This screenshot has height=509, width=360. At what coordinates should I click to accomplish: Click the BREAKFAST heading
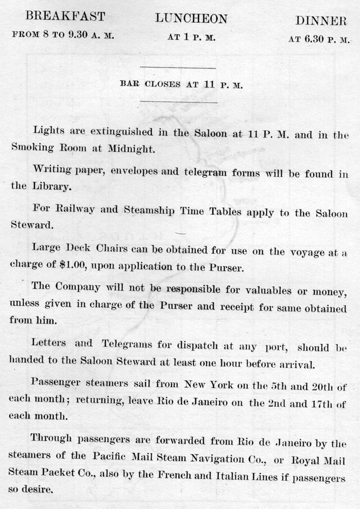tap(65, 16)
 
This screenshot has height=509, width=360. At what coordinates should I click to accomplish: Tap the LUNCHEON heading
tap(191, 19)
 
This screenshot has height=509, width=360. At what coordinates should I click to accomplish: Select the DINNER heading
tap(321, 21)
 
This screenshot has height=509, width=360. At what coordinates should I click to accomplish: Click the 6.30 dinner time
tap(313, 39)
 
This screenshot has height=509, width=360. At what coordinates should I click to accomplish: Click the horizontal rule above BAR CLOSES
tap(178, 68)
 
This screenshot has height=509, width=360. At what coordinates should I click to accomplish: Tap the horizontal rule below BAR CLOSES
tap(179, 102)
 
